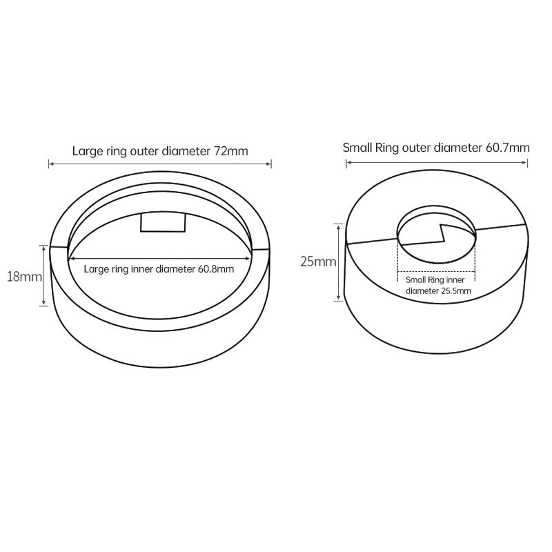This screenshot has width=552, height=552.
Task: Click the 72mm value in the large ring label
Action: (x=231, y=151)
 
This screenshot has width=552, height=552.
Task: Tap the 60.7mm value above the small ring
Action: (x=508, y=148)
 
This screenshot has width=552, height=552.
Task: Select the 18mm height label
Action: (x=24, y=277)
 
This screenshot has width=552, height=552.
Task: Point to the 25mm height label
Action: (x=318, y=262)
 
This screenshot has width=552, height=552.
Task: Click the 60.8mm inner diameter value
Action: (x=216, y=269)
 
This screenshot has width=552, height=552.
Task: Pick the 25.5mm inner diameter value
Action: (x=456, y=290)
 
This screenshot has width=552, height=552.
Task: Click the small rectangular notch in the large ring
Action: (x=163, y=222)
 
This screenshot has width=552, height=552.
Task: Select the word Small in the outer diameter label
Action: (x=355, y=148)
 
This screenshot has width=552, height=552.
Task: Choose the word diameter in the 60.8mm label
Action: (x=175, y=269)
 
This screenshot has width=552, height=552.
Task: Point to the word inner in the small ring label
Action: (x=456, y=280)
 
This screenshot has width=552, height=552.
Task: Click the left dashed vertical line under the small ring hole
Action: (x=398, y=259)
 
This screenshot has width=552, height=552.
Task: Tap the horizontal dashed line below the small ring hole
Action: (x=436, y=272)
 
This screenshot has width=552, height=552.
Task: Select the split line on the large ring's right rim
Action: (x=261, y=250)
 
